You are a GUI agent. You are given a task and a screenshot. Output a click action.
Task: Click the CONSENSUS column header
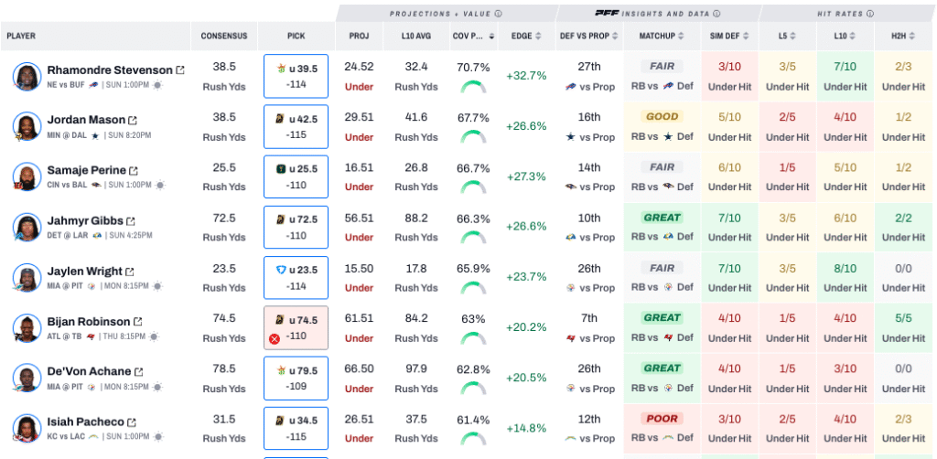[224, 37]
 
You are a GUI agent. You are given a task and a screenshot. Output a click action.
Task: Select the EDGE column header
[522, 37]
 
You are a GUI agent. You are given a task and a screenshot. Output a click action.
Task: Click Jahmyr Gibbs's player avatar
[27, 228]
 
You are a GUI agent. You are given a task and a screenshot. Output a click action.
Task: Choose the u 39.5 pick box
[296, 76]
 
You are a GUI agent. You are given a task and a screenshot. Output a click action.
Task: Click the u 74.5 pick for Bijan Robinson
[296, 327]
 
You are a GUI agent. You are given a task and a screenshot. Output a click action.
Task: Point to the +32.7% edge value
[525, 76]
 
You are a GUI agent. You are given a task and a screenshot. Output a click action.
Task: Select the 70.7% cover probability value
[472, 68]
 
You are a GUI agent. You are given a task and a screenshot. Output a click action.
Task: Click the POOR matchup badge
[662, 419]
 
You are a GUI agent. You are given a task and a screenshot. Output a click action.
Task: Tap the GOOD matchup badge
[662, 117]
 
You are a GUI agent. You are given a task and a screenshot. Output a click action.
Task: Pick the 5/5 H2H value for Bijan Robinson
[904, 318]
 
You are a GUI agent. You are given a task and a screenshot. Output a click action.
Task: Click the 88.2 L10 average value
[415, 218]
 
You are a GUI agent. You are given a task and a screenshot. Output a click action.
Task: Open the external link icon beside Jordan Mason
[133, 121]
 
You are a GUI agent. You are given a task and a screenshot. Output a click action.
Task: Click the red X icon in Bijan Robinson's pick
[274, 338]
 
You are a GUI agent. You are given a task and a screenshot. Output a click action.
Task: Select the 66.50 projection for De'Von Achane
[359, 368]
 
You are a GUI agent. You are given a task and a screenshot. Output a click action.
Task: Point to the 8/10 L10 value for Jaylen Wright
[845, 269]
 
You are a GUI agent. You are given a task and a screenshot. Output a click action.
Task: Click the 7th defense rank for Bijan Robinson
[589, 318]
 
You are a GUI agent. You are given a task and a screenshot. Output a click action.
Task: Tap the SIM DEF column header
[729, 37]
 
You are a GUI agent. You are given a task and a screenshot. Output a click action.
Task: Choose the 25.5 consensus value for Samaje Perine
[224, 168]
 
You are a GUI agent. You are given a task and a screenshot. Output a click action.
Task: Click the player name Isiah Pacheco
[85, 422]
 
